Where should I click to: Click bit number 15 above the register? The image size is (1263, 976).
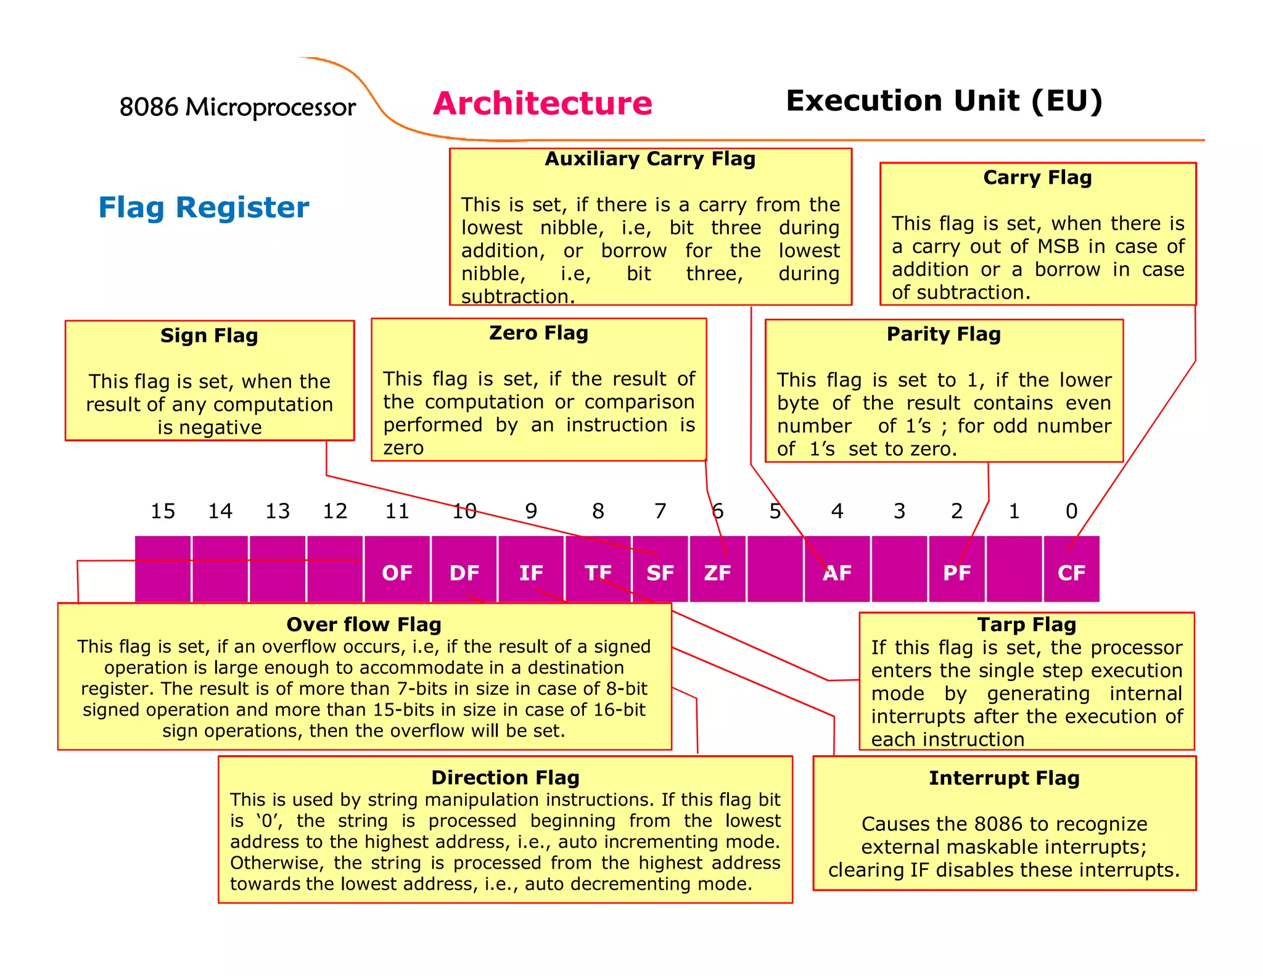(x=163, y=511)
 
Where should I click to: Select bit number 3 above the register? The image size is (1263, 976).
(x=899, y=511)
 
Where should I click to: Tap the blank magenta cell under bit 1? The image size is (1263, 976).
(x=1014, y=569)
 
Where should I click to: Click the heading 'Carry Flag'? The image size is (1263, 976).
(x=1037, y=178)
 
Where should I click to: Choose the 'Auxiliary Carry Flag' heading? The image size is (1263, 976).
(x=650, y=159)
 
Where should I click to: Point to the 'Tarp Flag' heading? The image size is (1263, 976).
(x=1027, y=624)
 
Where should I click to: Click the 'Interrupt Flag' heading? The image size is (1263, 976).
(x=1004, y=778)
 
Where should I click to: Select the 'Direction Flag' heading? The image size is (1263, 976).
(x=505, y=777)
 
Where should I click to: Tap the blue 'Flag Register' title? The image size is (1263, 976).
(x=204, y=207)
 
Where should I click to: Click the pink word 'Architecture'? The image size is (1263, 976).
(x=542, y=103)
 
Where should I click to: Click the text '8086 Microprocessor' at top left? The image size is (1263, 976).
(x=237, y=107)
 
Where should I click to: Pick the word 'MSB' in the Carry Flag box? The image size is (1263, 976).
(x=1058, y=246)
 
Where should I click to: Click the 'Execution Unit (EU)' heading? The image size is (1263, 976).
(x=944, y=101)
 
